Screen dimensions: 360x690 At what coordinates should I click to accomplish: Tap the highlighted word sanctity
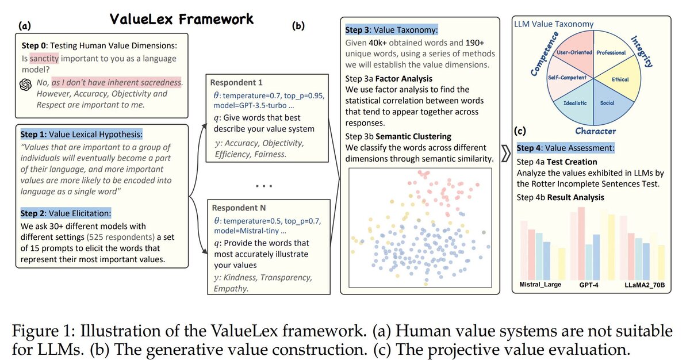[44, 59]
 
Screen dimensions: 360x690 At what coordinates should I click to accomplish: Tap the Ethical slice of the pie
[620, 79]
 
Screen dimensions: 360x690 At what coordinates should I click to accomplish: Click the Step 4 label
[532, 148]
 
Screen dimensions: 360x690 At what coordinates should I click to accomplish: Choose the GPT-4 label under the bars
[589, 285]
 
